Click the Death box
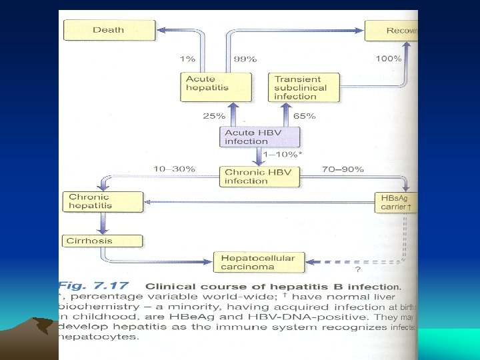[x=109, y=30]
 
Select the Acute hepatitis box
[x=218, y=87]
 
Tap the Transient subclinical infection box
[x=303, y=87]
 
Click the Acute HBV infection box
[x=259, y=137]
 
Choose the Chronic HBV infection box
[x=260, y=176]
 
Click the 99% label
[x=245, y=59]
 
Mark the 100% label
[x=388, y=59]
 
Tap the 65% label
[x=304, y=116]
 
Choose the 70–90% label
[x=343, y=169]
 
